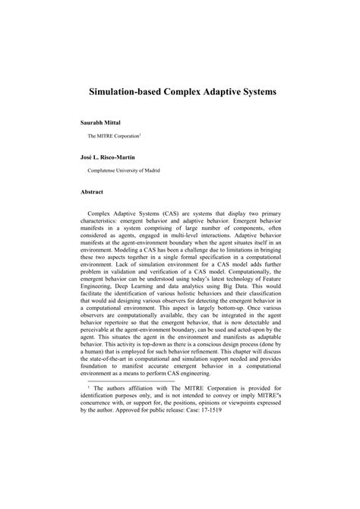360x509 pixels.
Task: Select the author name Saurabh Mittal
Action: click(x=103, y=122)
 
